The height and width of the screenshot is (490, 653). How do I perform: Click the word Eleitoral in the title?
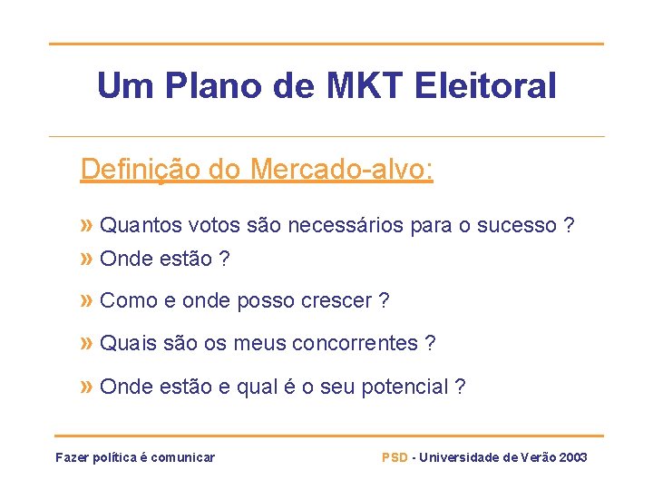pos(485,87)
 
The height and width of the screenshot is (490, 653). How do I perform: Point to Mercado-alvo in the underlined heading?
pos(342,170)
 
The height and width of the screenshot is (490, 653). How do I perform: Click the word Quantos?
pos(141,225)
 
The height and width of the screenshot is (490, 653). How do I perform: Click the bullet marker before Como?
pos(87,300)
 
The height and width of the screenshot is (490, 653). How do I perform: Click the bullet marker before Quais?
pos(87,343)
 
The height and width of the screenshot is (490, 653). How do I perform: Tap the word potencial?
pos(404,387)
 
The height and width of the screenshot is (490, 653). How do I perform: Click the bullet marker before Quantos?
pos(87,224)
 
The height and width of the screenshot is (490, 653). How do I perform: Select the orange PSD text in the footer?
pos(395,457)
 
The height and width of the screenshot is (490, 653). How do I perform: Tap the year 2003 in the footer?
pos(573,457)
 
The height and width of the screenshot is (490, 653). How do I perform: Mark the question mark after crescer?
pos(385,301)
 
